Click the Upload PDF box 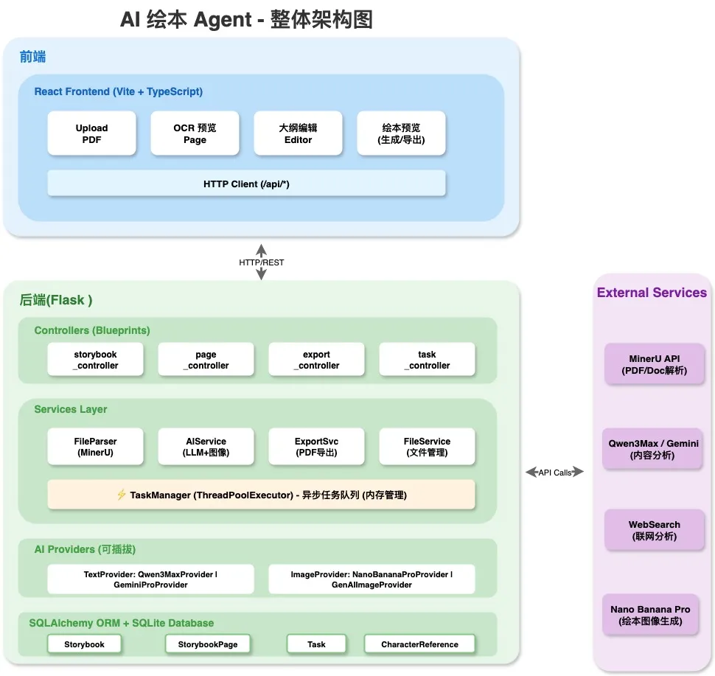(x=91, y=133)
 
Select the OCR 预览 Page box (x=195, y=133)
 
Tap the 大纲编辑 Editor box (x=298, y=133)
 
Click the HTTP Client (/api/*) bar (x=246, y=184)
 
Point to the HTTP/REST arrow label (x=261, y=262)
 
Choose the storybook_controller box (x=95, y=360)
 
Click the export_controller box (x=316, y=360)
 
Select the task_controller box (x=427, y=360)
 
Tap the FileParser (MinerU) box (x=95, y=447)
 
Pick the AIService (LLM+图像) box (x=206, y=447)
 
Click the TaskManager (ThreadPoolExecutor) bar (x=261, y=495)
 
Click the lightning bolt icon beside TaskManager (x=122, y=495)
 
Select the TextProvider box (x=150, y=579)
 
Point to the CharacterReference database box (x=419, y=644)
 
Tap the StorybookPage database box (x=207, y=644)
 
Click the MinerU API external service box (x=655, y=364)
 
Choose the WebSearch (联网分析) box (x=655, y=530)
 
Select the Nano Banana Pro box (x=651, y=614)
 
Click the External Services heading (x=652, y=293)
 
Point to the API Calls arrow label (x=554, y=473)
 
